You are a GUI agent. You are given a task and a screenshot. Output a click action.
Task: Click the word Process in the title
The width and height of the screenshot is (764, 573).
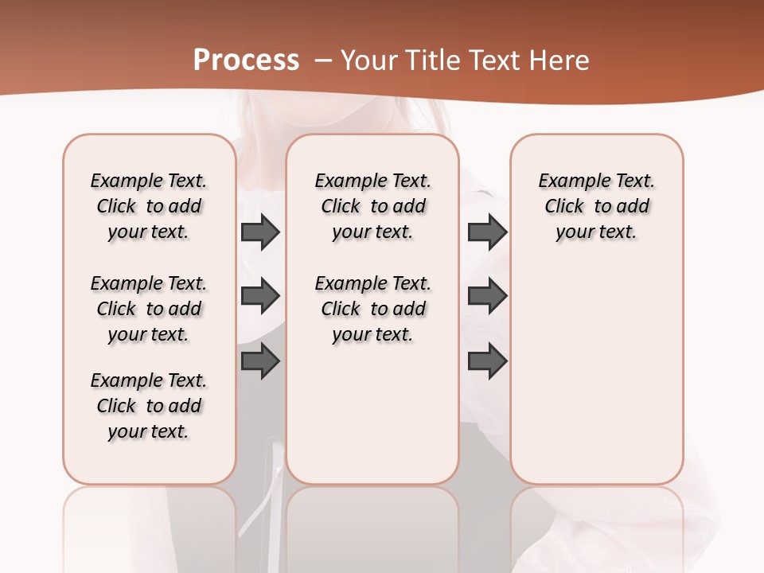[x=246, y=60]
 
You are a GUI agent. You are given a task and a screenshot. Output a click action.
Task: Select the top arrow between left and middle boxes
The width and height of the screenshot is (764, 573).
[x=260, y=232]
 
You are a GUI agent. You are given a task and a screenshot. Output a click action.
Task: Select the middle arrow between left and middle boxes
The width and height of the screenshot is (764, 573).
[x=260, y=296]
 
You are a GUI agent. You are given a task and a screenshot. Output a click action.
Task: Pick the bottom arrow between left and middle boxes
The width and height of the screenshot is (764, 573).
[x=260, y=361]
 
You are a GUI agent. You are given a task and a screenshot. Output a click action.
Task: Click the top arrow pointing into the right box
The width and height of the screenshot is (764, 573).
[x=487, y=232]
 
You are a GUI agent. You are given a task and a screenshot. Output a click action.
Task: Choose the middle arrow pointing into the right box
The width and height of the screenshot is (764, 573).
[x=487, y=296]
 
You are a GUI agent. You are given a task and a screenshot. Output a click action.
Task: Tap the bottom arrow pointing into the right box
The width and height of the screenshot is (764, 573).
[x=487, y=361]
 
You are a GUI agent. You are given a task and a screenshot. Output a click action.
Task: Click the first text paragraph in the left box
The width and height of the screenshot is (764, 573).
[x=149, y=206]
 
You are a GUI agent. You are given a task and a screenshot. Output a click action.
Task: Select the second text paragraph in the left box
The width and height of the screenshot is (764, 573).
[x=149, y=309]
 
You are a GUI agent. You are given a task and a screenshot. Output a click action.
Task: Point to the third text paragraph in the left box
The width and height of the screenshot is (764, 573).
[x=149, y=406]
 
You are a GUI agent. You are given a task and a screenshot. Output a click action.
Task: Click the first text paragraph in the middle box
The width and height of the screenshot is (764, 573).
[x=373, y=206]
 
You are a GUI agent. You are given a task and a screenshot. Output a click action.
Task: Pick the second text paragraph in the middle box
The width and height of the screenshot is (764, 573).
[x=373, y=309]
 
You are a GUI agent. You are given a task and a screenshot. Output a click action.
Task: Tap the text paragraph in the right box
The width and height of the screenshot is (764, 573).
[x=597, y=206]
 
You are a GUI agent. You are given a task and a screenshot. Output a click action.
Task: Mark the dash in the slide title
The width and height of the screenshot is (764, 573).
[x=323, y=60]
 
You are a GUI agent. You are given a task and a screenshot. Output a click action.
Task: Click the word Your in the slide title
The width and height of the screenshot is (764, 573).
[x=368, y=60]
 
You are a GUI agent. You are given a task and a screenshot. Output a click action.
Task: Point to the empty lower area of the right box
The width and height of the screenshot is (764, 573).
[x=597, y=382]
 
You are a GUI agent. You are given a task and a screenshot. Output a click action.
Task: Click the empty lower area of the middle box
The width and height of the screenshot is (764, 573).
[x=372, y=414]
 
